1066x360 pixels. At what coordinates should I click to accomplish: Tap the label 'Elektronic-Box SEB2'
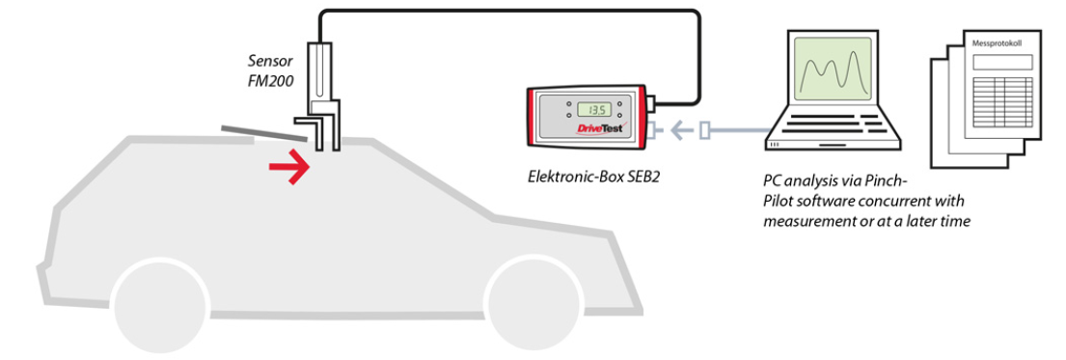coord(593,179)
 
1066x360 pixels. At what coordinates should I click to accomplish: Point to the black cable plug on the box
coord(650,102)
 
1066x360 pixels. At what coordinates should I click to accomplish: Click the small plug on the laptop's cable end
coord(706,128)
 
